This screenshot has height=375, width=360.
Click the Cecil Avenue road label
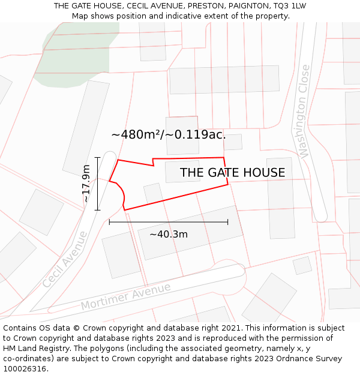(x=65, y=259)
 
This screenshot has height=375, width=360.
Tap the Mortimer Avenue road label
(x=125, y=296)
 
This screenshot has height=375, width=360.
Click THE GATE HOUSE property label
(x=232, y=173)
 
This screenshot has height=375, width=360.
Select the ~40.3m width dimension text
(x=168, y=234)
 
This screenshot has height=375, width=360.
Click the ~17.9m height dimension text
(x=86, y=183)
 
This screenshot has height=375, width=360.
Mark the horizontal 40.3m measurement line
(x=168, y=222)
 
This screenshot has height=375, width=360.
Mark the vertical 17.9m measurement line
(x=97, y=183)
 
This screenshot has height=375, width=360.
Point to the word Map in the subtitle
(x=81, y=16)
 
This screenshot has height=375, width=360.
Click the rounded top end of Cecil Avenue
(x=108, y=158)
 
